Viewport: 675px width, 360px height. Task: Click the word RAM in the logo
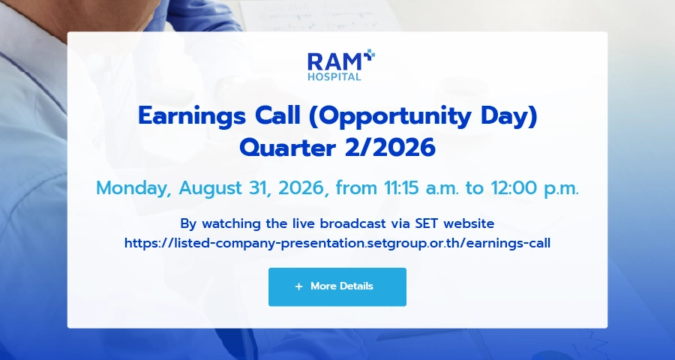[335, 62]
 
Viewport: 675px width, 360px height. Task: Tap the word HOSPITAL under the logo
[334, 77]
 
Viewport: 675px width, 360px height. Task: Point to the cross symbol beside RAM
[369, 55]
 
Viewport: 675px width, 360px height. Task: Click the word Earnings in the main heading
[192, 117]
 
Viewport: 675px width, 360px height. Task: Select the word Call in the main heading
[277, 115]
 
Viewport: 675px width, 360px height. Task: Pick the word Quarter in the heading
[287, 148]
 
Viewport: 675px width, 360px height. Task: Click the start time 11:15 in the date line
[398, 188]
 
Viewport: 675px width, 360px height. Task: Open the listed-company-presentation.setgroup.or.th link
[337, 243]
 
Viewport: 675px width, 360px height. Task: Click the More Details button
[337, 286]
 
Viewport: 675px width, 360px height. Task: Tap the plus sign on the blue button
[298, 286]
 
